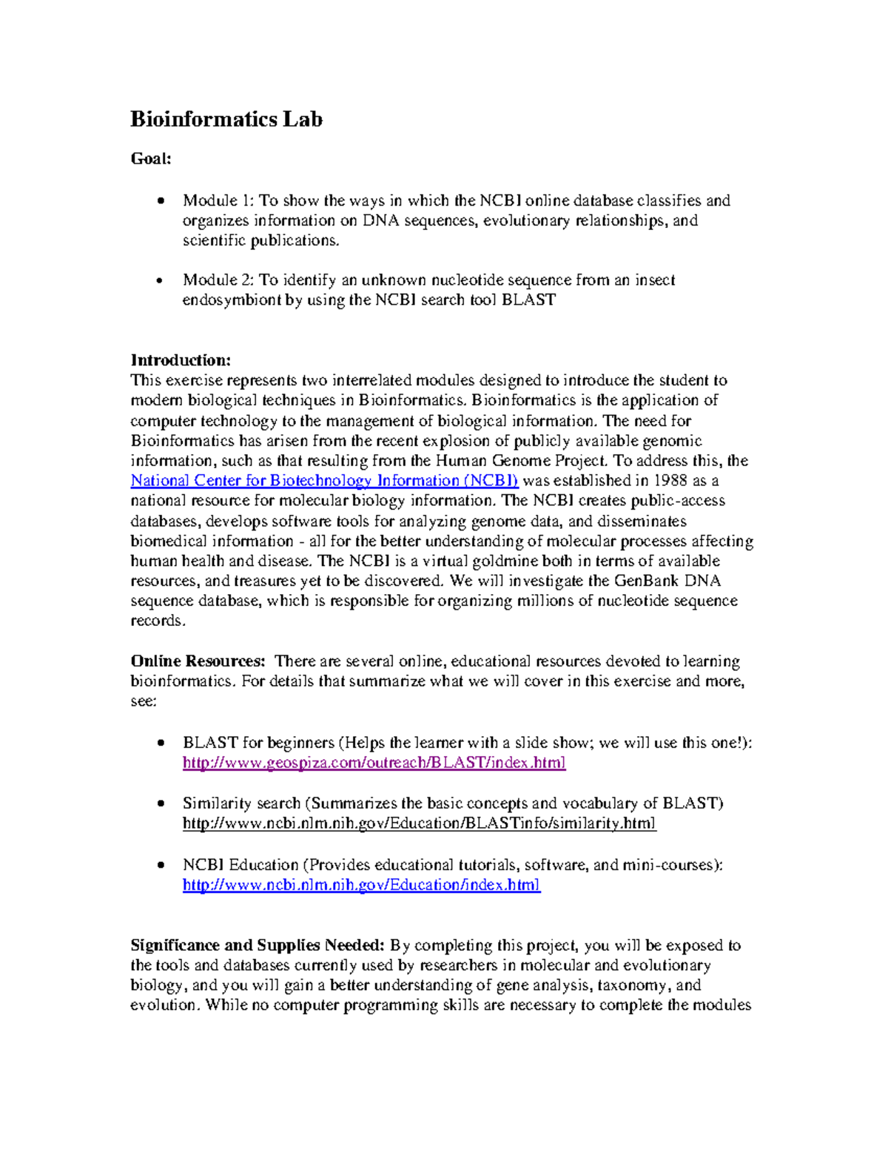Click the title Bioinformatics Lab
[226, 119]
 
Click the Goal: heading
[151, 158]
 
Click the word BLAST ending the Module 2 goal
[528, 300]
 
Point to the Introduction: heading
[181, 360]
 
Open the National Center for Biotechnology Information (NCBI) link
[324, 481]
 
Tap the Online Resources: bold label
[198, 661]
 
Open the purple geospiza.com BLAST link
[374, 763]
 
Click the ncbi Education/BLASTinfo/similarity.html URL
[419, 823]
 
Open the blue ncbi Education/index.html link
[361, 885]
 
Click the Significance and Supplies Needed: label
[258, 946]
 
